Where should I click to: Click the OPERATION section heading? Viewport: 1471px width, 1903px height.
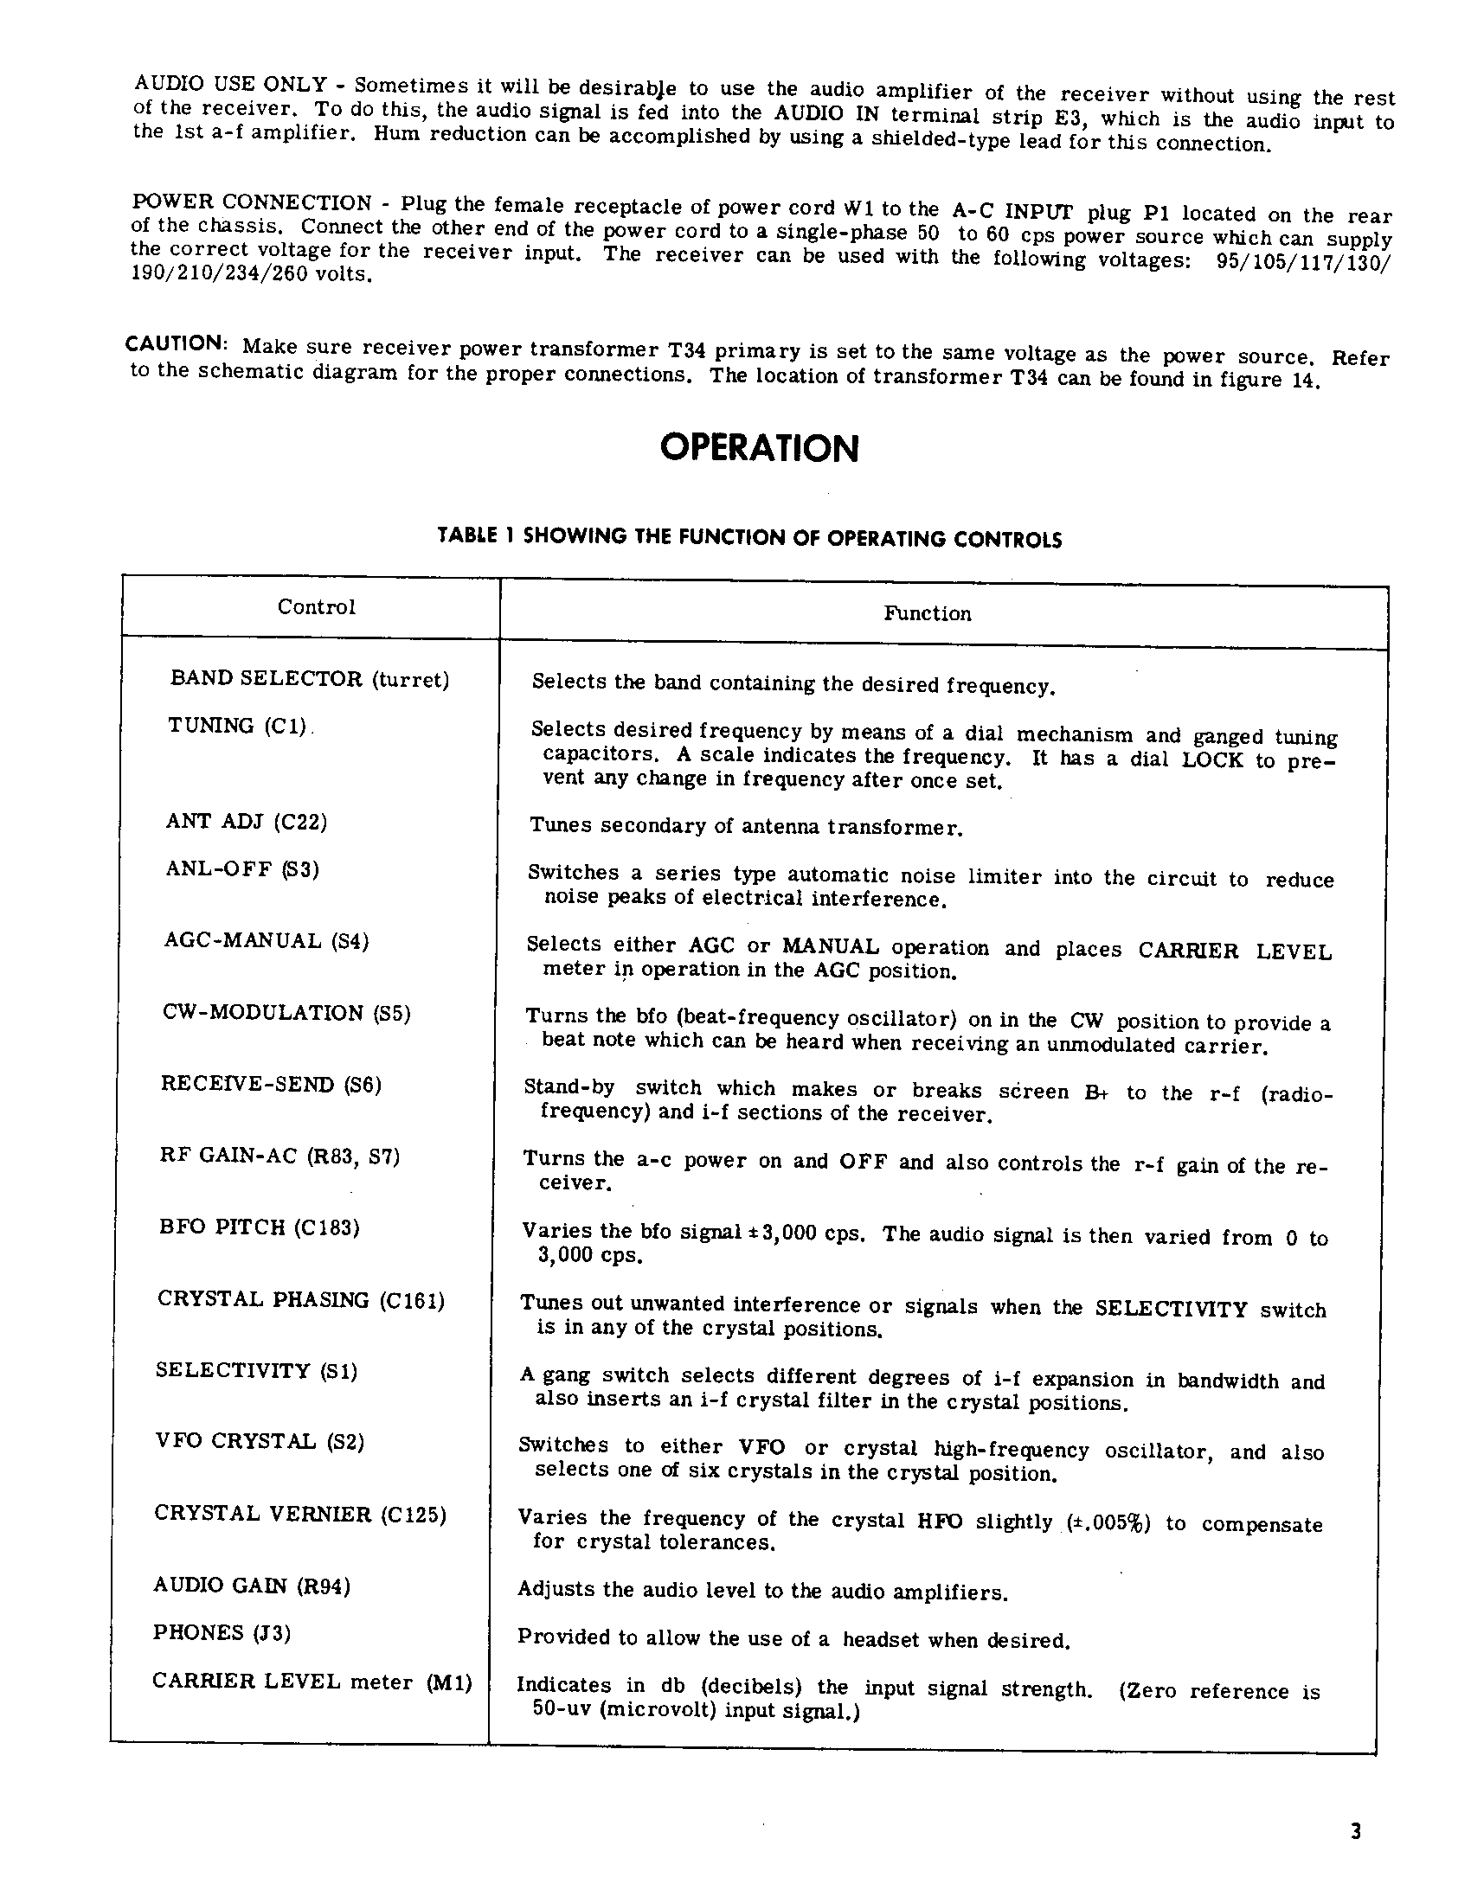759,449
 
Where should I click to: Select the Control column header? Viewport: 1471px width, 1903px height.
317,607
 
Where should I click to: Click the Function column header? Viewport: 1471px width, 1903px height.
928,613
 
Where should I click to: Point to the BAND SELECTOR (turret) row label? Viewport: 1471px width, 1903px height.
310,679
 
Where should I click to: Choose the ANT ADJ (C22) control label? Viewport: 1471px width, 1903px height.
247,822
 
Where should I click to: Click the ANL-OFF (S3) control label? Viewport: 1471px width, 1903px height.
242,868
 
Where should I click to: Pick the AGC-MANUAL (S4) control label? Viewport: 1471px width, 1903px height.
267,940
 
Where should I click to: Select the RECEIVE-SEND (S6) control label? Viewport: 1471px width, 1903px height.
271,1084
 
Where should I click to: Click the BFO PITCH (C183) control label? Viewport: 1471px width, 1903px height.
260,1227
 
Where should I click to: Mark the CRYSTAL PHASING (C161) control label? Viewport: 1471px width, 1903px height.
300,1299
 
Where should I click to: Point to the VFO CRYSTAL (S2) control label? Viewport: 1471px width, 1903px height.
260,1441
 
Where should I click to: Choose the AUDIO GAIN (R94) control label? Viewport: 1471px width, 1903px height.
252,1584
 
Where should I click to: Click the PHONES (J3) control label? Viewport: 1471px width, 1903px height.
222,1632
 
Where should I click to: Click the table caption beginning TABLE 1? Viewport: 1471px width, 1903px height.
749,538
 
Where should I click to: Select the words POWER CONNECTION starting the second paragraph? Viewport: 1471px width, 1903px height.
252,202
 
